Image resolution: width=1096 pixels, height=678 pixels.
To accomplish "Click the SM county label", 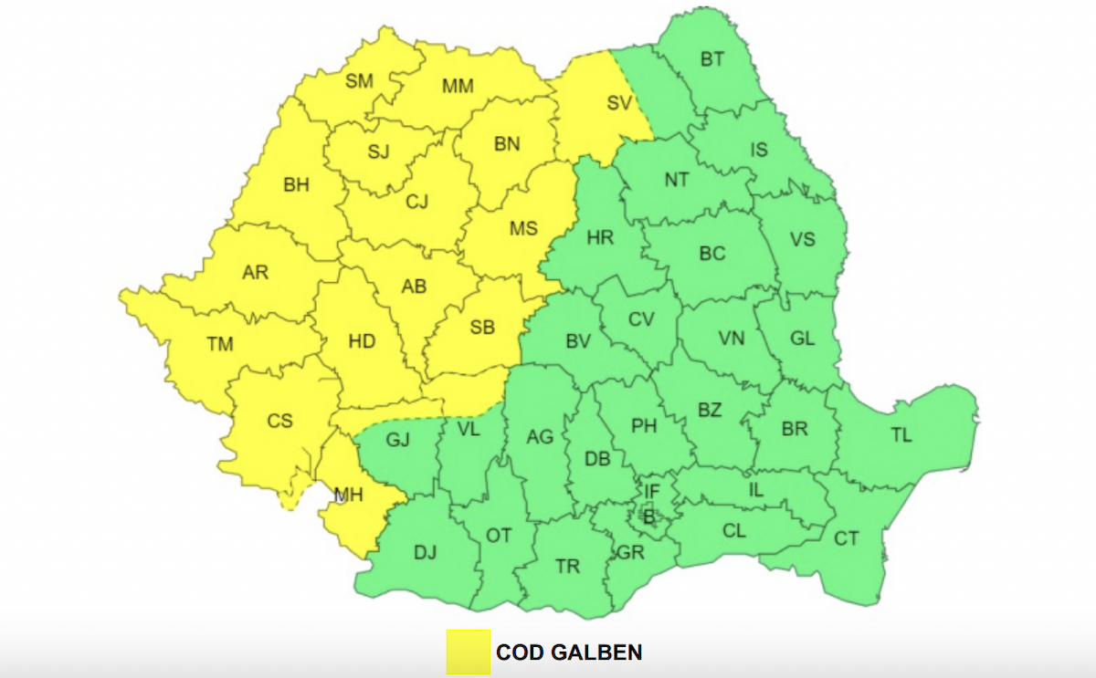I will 360,81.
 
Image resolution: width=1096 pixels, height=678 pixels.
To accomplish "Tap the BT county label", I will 712,60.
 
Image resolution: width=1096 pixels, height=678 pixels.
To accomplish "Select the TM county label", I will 220,344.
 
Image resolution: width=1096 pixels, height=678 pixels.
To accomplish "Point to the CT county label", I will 847,538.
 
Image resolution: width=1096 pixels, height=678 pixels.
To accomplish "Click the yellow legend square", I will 468,652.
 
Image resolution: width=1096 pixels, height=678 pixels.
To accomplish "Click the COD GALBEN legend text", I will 569,652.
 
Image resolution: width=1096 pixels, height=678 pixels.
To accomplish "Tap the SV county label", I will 619,103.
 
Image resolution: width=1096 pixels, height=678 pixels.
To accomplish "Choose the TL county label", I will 901,435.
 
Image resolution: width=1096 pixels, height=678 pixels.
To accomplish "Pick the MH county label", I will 348,495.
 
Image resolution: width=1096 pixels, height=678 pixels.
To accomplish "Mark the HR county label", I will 600,238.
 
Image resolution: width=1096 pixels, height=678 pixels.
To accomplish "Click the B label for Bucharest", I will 649,517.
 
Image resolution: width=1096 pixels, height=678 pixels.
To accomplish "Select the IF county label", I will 651,493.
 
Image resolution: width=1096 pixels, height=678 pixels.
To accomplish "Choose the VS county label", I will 803,239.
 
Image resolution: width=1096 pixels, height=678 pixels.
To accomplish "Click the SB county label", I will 482,328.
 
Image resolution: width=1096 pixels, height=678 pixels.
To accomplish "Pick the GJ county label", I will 397,440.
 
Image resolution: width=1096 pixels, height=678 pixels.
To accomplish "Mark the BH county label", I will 296,185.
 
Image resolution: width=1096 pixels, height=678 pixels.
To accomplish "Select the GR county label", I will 630,552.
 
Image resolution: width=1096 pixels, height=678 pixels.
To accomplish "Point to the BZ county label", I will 710,410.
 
